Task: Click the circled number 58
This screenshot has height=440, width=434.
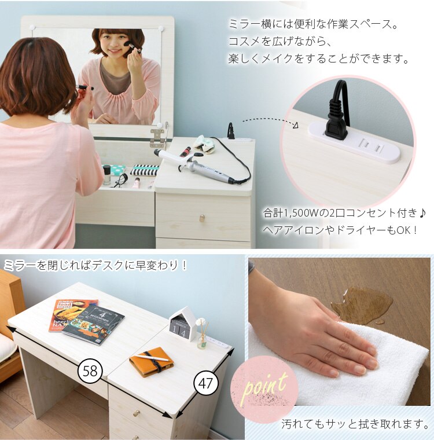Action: (90, 370)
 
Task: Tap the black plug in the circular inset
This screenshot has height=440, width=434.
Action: (336, 119)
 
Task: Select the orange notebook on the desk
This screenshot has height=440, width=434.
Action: (152, 361)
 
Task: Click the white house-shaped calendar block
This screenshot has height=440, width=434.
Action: (184, 325)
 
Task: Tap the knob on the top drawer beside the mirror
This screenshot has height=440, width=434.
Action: (202, 218)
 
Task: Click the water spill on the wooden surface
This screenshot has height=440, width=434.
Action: (363, 304)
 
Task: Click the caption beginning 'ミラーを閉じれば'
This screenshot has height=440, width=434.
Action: (95, 266)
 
